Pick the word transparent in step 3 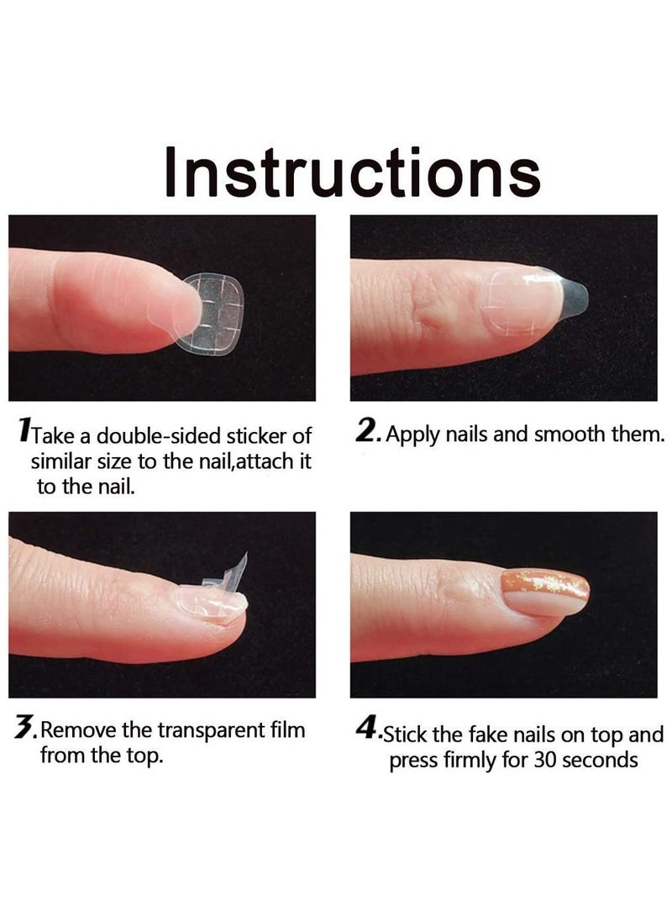[198, 730]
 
